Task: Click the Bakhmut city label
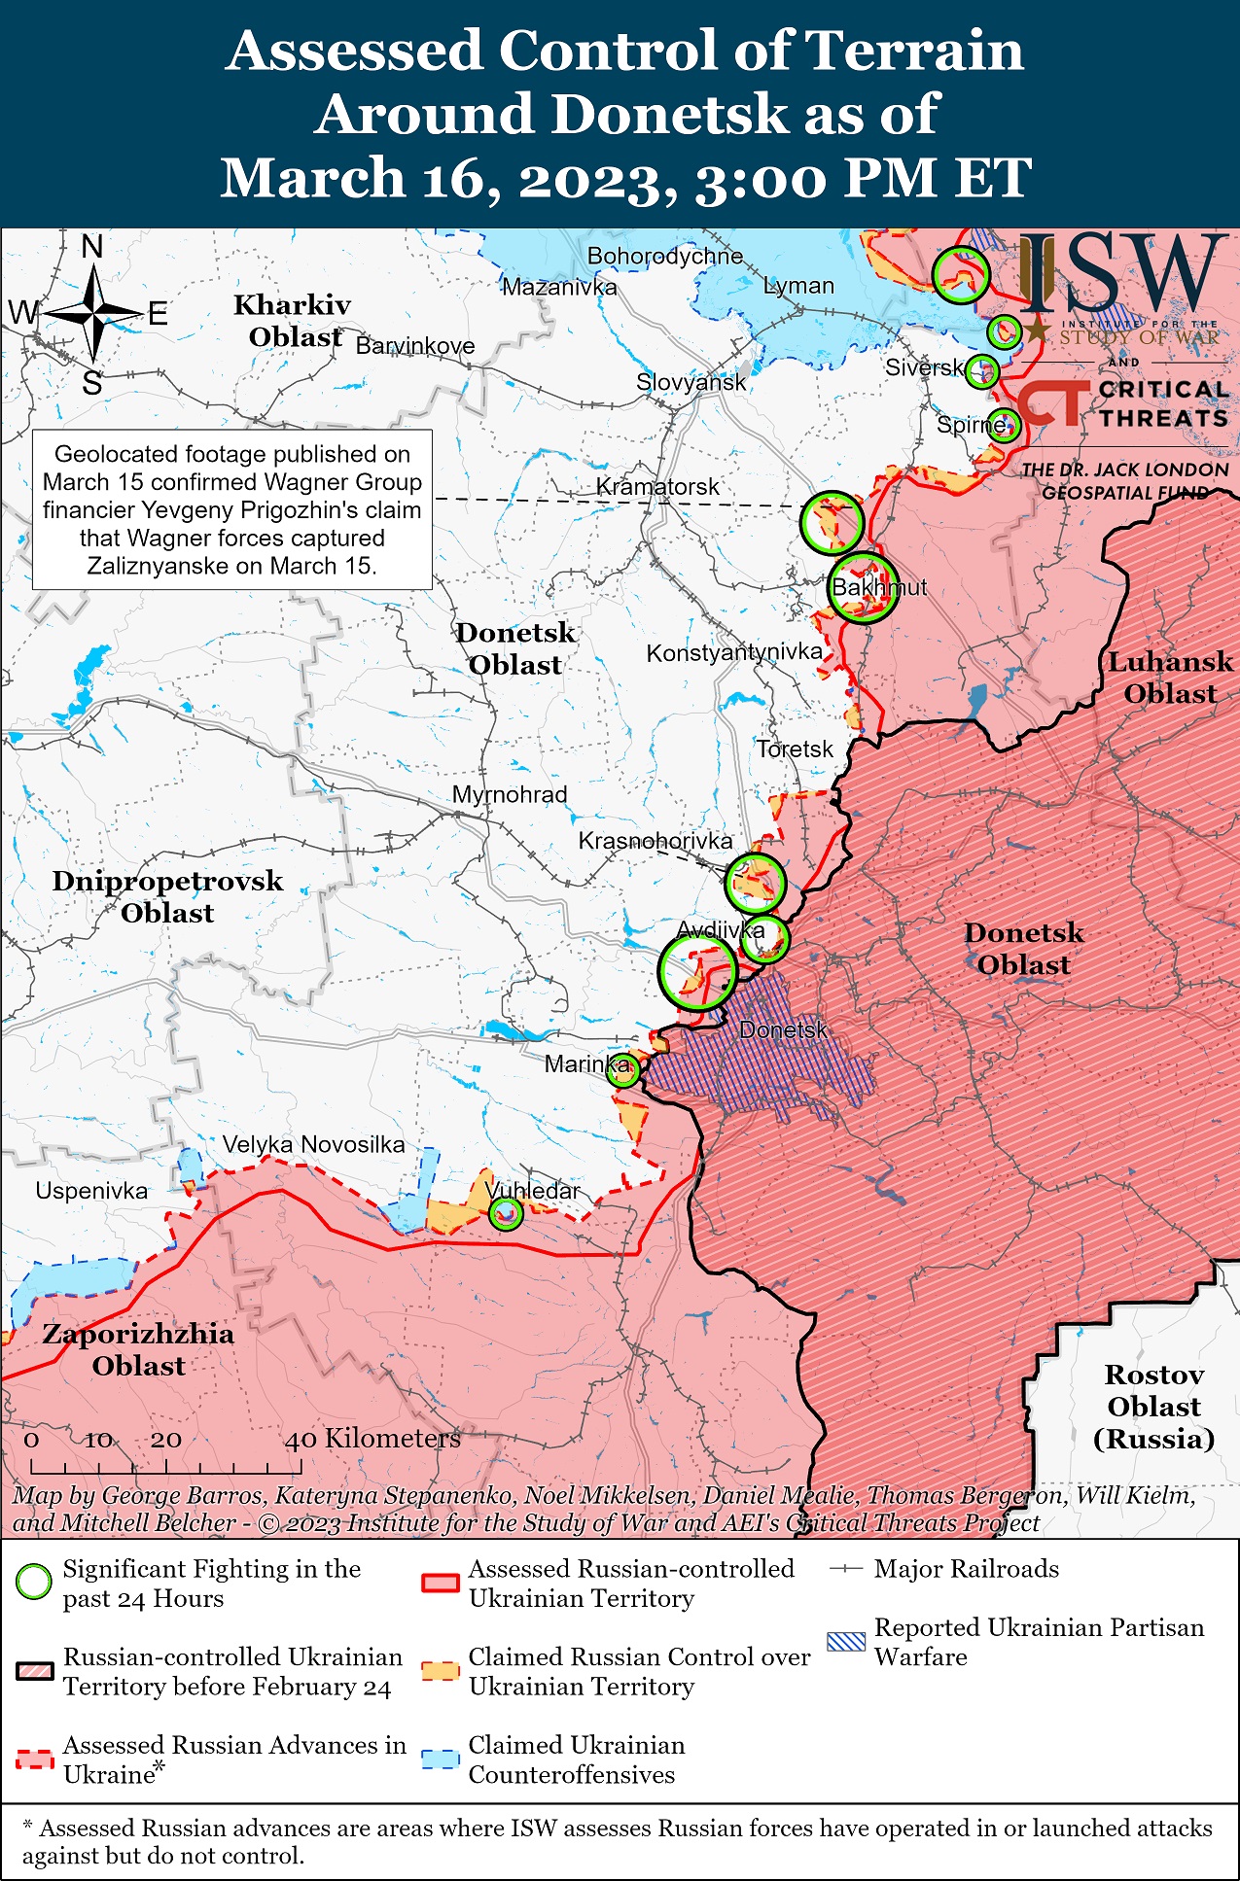click(879, 587)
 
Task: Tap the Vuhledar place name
click(532, 1191)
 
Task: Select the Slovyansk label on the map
click(691, 382)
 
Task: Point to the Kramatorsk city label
click(657, 486)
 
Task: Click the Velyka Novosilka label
click(313, 1144)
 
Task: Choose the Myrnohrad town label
click(509, 794)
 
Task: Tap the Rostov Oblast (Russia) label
click(1153, 1406)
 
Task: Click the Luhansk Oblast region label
click(1170, 678)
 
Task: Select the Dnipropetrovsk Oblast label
click(167, 896)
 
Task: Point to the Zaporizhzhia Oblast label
click(138, 1349)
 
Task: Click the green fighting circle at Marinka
click(623, 1069)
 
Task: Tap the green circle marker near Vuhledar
click(505, 1213)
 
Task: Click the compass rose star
click(93, 313)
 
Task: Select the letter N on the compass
click(92, 247)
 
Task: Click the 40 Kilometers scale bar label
click(372, 1438)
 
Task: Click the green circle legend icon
click(34, 1583)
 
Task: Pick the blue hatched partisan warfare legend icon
click(845, 1642)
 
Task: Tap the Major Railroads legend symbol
click(846, 1569)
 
